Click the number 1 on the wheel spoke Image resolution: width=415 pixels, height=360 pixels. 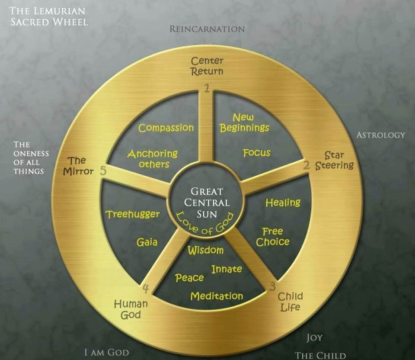coord(207,88)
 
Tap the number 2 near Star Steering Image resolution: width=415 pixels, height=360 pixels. coord(306,166)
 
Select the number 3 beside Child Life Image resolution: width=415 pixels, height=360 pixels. coord(273,286)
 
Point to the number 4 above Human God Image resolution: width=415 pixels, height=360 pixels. coord(146,289)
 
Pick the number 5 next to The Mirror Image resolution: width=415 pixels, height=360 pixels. coord(103,171)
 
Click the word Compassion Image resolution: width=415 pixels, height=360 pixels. coord(166,128)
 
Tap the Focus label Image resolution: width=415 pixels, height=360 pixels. coord(257,153)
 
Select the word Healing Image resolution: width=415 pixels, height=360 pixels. coord(283,202)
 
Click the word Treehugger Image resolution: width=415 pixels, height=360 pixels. coord(133,214)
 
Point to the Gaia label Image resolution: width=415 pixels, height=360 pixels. coord(147,242)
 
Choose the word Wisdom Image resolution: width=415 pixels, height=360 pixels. coord(206,250)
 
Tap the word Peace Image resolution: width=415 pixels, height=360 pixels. coord(189,278)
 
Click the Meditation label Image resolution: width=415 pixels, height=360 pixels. coord(217,296)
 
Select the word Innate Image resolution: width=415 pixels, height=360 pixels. coord(227,269)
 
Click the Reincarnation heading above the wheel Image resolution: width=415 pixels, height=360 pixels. coord(207,29)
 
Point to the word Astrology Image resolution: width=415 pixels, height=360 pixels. coord(380,135)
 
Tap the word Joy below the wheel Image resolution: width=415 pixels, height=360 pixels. coord(314,338)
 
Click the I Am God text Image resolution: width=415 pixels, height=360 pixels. coord(107,353)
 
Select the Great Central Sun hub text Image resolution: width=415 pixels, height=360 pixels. coord(207,202)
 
